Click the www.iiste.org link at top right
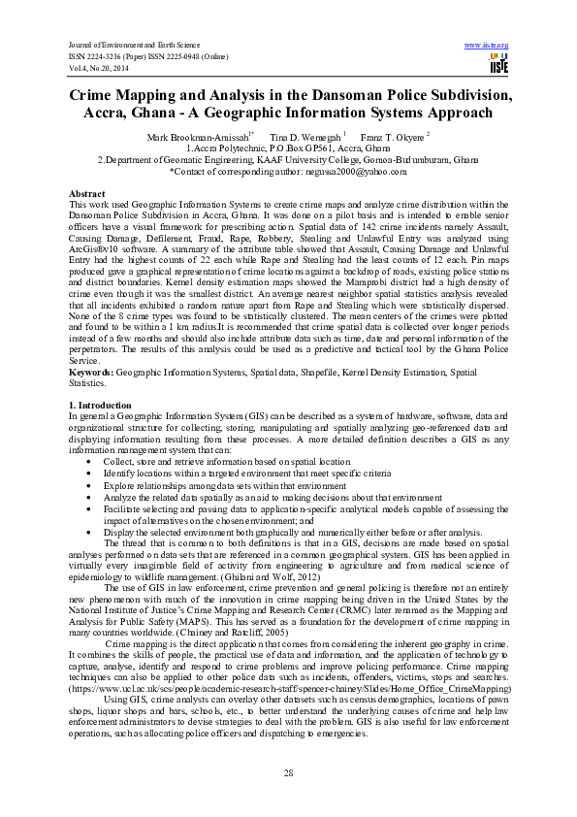(x=487, y=45)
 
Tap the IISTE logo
(x=498, y=65)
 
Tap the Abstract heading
(x=87, y=194)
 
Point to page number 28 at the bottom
(x=288, y=771)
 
